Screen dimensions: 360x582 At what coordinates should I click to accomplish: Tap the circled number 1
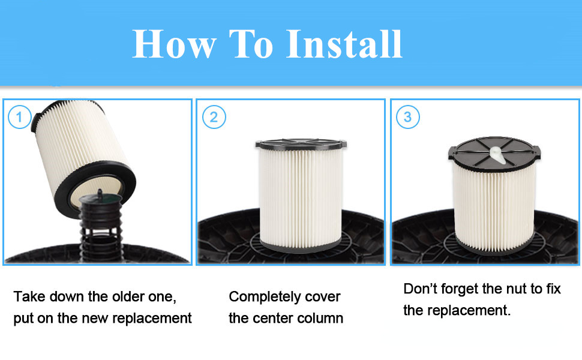(x=19, y=117)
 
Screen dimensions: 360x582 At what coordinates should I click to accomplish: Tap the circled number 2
(x=213, y=117)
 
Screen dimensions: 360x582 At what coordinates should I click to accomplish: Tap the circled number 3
(x=408, y=117)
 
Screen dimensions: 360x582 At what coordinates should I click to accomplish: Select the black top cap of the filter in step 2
(x=301, y=145)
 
